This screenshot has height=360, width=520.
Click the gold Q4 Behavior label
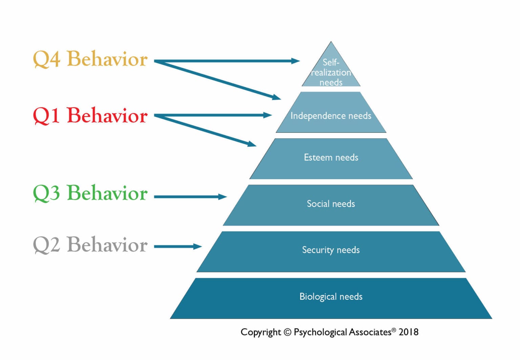pos(90,59)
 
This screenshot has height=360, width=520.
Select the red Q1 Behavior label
pos(90,115)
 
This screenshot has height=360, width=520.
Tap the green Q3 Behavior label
pos(90,193)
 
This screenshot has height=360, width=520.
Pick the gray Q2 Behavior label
pos(90,245)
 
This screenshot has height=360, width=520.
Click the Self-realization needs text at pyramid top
pos(331,72)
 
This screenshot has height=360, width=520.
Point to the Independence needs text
pos(331,116)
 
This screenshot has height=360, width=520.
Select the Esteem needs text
pos(331,157)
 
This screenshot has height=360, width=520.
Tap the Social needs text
pos(331,204)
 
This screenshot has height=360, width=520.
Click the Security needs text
pos(331,250)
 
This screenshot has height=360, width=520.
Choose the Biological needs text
pos(331,297)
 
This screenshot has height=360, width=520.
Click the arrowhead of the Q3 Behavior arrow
pos(223,196)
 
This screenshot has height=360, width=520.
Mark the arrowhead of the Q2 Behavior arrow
pos(198,247)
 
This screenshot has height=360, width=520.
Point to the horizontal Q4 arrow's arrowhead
pos(296,61)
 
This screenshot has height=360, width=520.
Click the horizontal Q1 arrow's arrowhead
pos(268,115)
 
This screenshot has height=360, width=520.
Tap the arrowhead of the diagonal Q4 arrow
pos(277,98)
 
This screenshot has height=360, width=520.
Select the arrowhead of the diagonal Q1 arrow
pos(252,145)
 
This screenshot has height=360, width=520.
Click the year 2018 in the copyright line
pos(408,332)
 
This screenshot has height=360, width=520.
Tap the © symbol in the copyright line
pos(287,332)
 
